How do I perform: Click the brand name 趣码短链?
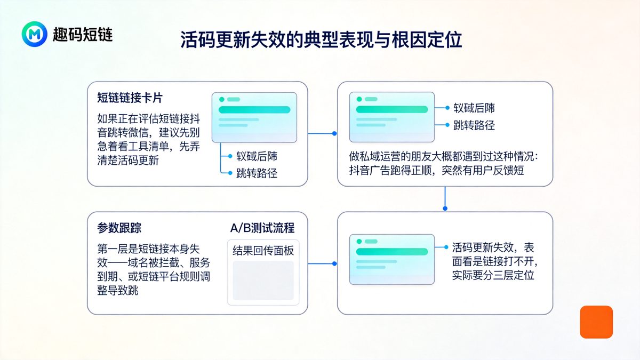point(83,35)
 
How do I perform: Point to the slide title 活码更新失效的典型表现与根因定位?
point(321,41)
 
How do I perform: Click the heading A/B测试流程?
point(262,228)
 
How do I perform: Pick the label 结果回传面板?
point(263,251)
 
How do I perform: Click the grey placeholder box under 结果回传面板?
point(263,280)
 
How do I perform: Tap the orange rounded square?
point(596,322)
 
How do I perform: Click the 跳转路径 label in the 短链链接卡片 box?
point(257,173)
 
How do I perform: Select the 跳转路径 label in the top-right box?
point(474,125)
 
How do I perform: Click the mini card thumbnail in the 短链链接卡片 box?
point(254,117)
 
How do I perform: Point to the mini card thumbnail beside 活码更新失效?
point(391,259)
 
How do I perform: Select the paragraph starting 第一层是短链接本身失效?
point(154,269)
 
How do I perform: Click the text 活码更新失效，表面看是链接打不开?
point(493,261)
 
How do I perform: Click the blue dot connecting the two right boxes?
point(445,208)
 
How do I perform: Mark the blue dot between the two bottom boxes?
point(334,263)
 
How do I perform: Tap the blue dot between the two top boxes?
point(334,133)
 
